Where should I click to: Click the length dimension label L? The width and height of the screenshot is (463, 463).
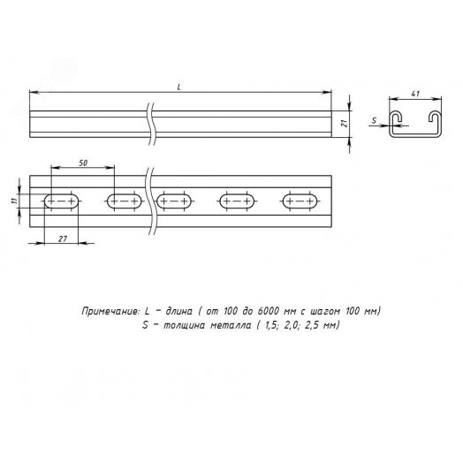click(179, 87)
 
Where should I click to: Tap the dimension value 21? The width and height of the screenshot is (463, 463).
click(345, 123)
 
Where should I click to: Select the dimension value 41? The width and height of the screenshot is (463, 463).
click(415, 94)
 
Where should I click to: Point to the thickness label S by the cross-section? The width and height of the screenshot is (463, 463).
click(374, 120)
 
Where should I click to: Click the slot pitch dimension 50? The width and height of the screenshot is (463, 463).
click(83, 163)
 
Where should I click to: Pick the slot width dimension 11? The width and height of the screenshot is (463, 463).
click(13, 201)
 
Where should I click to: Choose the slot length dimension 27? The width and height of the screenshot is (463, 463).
click(63, 239)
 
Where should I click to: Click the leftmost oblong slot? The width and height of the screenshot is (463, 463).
click(62, 201)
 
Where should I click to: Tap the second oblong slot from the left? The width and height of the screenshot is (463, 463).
click(125, 201)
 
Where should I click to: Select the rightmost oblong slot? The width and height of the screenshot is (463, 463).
click(300, 201)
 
